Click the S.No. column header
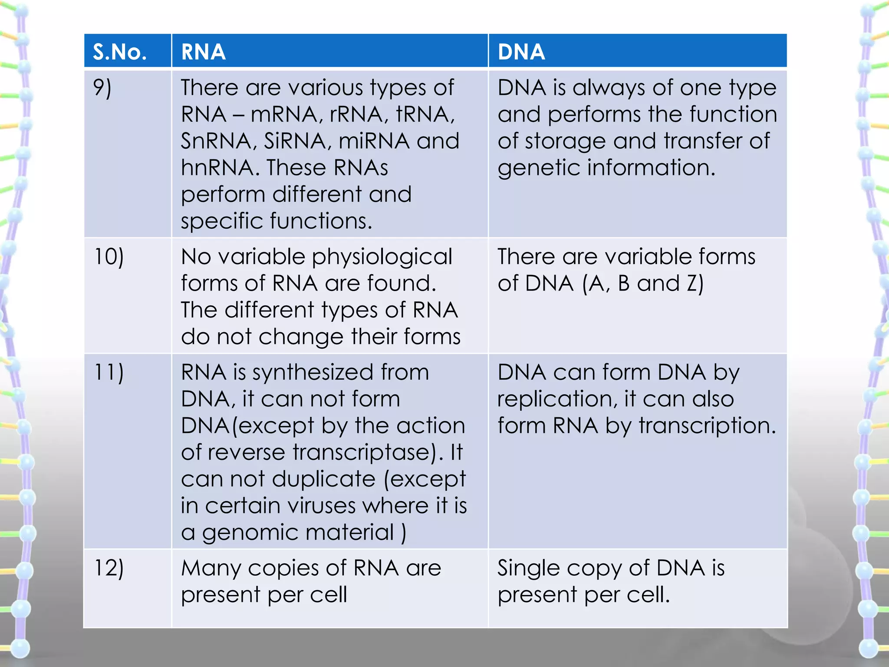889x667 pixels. tap(119, 52)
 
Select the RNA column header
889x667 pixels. tap(203, 52)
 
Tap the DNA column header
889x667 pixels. tap(521, 52)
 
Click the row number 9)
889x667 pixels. tap(102, 88)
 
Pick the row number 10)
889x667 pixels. tap(109, 257)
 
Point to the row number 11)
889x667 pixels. tap(109, 373)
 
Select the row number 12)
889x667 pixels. tap(109, 568)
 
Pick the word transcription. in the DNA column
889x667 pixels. tap(708, 426)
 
